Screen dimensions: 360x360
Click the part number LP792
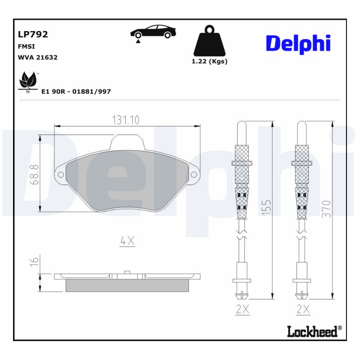point(33,34)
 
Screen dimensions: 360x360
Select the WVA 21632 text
point(37,58)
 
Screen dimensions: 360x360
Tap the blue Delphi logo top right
point(298,44)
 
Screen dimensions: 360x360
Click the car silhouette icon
point(153,32)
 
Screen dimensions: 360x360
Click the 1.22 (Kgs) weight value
point(209,62)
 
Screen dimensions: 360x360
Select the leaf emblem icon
point(28,81)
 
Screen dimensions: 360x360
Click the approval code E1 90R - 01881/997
point(76,91)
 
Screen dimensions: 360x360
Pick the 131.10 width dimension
point(126,120)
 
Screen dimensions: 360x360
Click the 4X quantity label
point(127,241)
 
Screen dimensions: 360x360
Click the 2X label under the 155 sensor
point(242,309)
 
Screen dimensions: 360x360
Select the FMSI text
point(26,46)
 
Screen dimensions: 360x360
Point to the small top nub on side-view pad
point(127,272)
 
